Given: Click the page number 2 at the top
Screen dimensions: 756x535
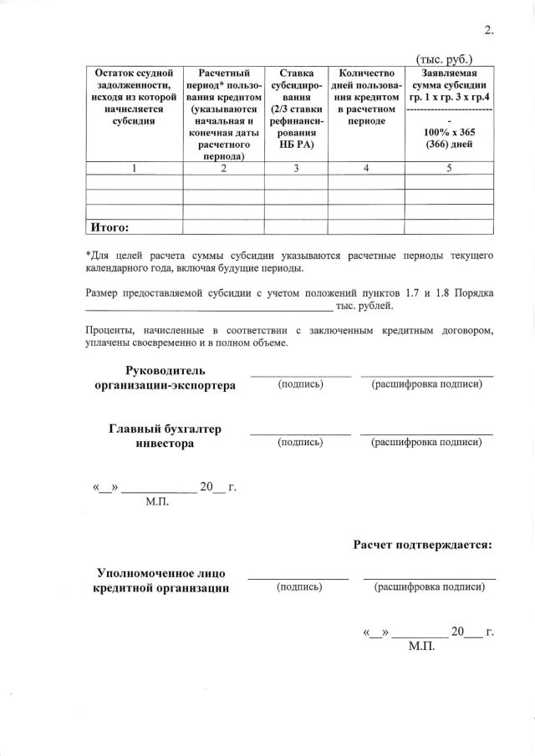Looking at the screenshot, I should tap(488, 32).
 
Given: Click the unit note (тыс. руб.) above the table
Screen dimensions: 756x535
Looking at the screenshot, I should tap(444, 58).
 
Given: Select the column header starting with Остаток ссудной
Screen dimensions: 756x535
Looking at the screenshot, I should tap(134, 97).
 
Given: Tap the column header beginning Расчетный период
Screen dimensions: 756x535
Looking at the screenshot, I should tap(223, 114).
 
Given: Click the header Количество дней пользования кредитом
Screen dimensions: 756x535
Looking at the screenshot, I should tap(367, 97).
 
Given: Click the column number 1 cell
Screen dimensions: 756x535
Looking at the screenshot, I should tap(134, 168).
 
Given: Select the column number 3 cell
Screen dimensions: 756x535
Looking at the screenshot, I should tap(296, 168).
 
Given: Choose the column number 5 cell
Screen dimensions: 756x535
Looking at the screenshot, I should tap(449, 168).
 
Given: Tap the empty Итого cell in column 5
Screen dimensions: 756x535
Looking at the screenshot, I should tap(449, 226).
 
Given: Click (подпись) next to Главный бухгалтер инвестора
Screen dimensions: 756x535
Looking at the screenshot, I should tap(300, 442).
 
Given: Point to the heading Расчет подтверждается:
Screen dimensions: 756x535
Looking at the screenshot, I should tap(422, 545).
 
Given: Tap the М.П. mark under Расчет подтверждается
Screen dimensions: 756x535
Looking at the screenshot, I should tap(423, 647).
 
